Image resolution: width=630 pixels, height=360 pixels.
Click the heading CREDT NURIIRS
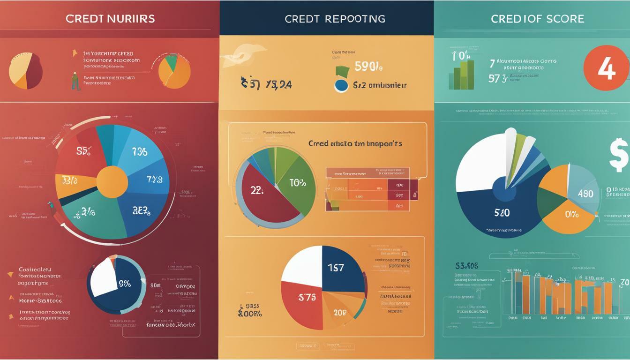(x=110, y=19)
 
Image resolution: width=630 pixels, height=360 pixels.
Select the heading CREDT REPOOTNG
(x=335, y=19)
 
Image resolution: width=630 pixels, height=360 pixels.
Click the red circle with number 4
(x=606, y=68)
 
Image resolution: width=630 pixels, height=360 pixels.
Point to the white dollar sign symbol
(x=619, y=155)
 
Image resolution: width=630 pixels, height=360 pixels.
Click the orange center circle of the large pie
(x=112, y=182)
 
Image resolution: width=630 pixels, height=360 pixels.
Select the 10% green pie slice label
(x=297, y=183)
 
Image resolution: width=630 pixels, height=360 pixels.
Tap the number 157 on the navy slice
(x=336, y=268)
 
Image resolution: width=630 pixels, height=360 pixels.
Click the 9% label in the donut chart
(x=124, y=284)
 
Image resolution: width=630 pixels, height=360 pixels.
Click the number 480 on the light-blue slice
(x=585, y=194)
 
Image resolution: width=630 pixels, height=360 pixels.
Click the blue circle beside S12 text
(x=341, y=85)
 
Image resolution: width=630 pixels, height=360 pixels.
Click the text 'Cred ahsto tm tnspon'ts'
(x=355, y=144)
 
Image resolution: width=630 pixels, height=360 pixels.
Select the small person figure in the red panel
(x=75, y=81)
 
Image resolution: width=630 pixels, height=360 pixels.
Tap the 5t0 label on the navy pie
(x=502, y=212)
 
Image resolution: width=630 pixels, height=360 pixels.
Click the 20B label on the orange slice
(x=340, y=313)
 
